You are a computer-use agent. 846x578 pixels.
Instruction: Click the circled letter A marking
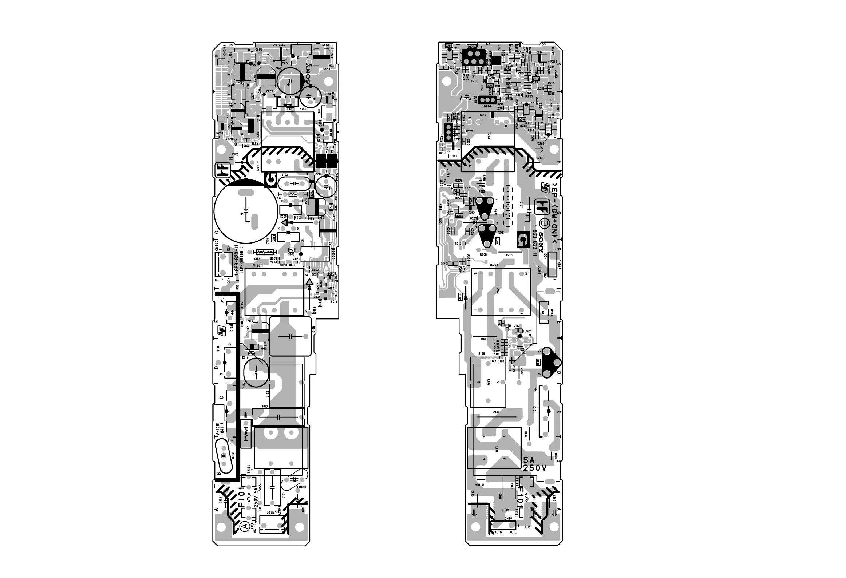(245, 526)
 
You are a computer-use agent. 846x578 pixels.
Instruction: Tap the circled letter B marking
(545, 223)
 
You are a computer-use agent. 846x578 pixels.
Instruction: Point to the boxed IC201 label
(334, 252)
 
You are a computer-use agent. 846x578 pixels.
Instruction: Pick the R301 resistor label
(237, 286)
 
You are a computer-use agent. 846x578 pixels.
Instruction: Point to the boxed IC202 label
(453, 156)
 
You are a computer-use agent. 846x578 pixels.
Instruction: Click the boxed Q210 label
(536, 79)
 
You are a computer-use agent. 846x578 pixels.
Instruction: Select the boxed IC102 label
(527, 331)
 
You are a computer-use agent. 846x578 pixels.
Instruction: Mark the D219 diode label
(444, 264)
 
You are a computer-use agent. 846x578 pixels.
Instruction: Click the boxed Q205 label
(449, 46)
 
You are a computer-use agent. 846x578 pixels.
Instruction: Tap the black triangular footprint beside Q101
(551, 362)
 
